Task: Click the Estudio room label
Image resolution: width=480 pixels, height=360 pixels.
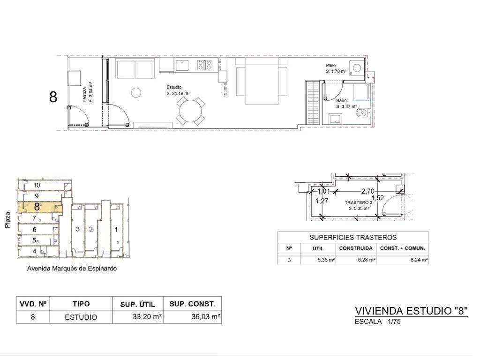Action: pos(177,89)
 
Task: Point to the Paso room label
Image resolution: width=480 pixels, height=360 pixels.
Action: pos(336,67)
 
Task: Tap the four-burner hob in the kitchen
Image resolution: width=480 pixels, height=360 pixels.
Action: pos(208,66)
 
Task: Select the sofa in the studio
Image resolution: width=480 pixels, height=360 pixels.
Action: pos(137,70)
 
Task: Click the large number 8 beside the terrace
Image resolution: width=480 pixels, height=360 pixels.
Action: pos(54,98)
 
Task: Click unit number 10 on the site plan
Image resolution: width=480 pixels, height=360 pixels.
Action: pos(37,188)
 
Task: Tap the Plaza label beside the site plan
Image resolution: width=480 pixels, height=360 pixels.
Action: pos(7,223)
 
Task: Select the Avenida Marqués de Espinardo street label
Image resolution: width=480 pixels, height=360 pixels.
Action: pos(73,273)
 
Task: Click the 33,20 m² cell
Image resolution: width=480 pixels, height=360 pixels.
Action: pos(149,322)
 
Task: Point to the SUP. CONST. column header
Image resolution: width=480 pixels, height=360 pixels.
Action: pos(195,308)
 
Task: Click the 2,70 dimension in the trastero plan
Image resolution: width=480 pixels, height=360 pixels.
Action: pos(374,194)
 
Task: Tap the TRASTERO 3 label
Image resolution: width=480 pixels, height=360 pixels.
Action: pos(364,205)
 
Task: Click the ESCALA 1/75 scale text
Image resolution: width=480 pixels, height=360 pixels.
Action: pos(383,326)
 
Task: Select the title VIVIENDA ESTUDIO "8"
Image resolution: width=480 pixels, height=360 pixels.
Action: pos(418,315)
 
